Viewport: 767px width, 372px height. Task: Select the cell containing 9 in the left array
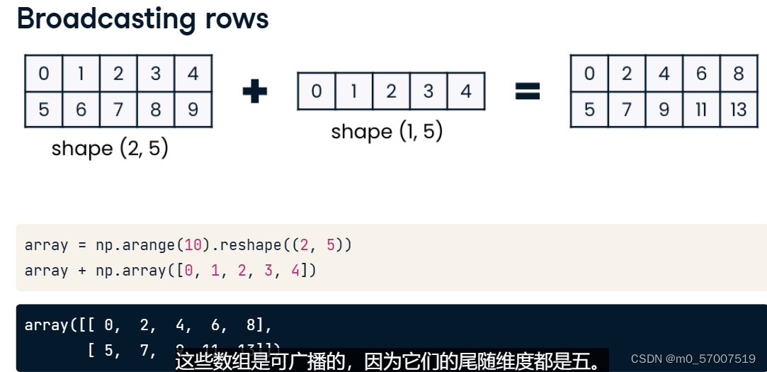point(193,109)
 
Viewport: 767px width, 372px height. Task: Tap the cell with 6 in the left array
point(81,109)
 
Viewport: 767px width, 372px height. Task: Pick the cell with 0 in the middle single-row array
point(316,91)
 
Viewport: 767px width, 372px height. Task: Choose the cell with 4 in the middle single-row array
point(465,91)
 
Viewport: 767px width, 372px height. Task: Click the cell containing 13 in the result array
point(738,110)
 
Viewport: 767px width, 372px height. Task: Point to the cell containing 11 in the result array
point(700,110)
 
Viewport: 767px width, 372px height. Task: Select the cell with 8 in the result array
point(738,74)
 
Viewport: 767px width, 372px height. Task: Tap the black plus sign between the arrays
point(254,91)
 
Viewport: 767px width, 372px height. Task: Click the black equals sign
point(527,90)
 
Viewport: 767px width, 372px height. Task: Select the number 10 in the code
point(193,245)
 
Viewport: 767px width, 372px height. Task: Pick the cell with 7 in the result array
point(626,110)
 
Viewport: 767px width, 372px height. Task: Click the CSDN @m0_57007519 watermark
point(693,359)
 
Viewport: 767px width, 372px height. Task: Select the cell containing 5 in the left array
point(44,109)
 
